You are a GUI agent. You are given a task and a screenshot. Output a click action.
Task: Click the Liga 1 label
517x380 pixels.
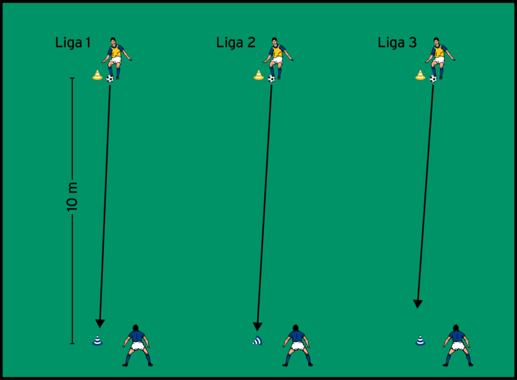73,43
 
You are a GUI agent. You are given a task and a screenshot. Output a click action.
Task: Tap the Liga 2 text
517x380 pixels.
235,43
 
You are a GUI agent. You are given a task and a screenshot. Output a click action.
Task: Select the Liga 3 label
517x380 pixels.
397,43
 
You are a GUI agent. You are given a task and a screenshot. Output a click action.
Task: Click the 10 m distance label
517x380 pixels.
72,196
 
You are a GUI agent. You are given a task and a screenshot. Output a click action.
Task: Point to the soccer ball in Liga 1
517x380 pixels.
110,79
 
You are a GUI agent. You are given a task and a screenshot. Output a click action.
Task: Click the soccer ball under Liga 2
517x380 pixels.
271,79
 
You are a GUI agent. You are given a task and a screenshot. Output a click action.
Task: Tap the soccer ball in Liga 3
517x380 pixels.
433,79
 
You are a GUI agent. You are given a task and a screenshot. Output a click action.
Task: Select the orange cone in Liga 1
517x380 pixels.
97,75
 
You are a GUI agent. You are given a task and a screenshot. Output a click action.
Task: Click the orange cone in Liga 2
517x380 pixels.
258,75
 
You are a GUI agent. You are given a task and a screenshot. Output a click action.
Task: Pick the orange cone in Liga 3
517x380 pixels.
420,75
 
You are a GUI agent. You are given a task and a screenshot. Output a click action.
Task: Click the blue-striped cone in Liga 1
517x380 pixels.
97,341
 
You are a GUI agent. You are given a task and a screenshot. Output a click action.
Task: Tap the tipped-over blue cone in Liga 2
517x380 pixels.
257,341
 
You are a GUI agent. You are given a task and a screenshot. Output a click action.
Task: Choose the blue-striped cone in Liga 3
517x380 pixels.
420,341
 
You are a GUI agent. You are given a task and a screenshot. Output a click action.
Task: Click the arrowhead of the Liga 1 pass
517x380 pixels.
99,323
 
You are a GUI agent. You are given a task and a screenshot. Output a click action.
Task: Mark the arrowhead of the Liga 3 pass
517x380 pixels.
418,304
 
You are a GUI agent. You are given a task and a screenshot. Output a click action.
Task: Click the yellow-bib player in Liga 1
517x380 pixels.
116,57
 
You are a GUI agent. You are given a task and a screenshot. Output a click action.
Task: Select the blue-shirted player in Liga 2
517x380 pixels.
296,346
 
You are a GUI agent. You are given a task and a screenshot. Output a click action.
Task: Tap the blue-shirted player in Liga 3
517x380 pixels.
457,346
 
